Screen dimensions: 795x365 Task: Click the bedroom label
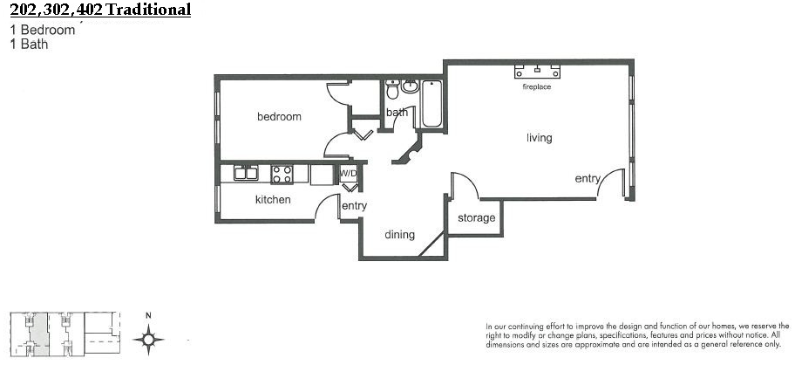coord(279,117)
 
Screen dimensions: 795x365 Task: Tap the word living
coord(539,138)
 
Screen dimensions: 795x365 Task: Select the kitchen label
coord(273,199)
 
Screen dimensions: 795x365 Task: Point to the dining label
coord(399,235)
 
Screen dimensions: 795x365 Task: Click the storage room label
coord(476,218)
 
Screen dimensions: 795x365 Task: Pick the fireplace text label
coord(536,86)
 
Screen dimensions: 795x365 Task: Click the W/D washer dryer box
coord(349,174)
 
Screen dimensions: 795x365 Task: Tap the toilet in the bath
coord(392,89)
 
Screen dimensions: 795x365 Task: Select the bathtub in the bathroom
coord(431,104)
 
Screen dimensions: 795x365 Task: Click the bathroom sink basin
coord(410,86)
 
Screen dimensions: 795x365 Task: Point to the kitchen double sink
coord(246,173)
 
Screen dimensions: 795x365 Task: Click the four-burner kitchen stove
coord(282,174)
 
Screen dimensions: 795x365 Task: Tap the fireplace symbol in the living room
coord(538,71)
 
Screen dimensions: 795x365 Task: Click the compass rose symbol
coord(148,339)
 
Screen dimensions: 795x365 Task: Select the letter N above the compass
coord(148,316)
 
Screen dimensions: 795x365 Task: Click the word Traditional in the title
coord(148,9)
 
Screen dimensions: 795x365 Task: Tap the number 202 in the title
coord(24,9)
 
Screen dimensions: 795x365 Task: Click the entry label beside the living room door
coord(588,179)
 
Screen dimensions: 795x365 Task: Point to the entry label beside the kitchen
coord(354,206)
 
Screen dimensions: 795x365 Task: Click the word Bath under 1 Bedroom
coord(35,45)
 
